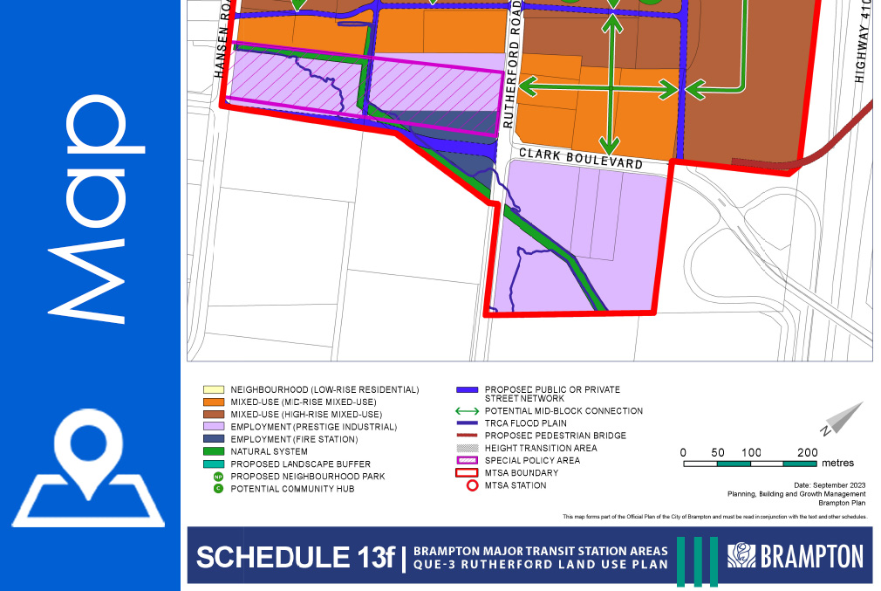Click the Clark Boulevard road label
[581, 159]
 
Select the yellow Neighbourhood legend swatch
[214, 389]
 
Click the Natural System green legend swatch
[214, 451]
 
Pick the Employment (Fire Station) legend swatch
[214, 439]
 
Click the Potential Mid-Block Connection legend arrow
[468, 411]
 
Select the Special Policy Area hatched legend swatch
[468, 460]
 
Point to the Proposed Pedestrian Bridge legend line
[468, 436]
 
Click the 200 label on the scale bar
[807, 452]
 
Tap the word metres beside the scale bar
[837, 463]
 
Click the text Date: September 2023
[830, 484]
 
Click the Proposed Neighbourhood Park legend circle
[217, 477]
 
